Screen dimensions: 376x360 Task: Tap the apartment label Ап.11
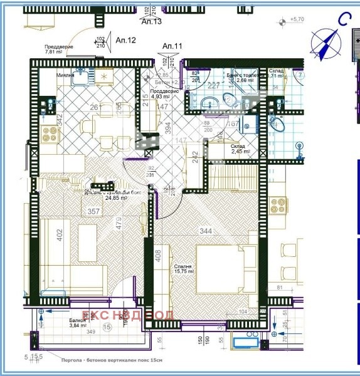pyautogui.click(x=172, y=46)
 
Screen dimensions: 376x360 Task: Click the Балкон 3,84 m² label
pyautogui.click(x=78, y=321)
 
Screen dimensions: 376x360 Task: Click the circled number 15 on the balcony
pyautogui.click(x=107, y=326)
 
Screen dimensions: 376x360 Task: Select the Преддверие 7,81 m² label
pyautogui.click(x=59, y=50)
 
